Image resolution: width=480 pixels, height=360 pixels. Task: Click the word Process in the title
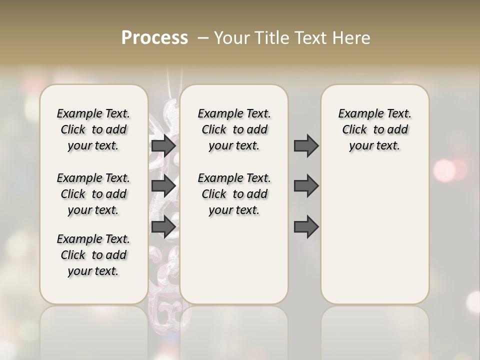154,38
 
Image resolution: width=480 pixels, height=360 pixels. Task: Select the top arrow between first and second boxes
163,145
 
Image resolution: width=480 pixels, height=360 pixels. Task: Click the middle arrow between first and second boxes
163,186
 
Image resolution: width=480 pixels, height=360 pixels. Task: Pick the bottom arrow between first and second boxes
163,227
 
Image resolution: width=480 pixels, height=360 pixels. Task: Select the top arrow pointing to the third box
306,145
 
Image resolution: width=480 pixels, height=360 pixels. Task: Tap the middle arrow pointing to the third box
306,186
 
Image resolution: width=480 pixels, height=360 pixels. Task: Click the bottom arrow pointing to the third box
306,227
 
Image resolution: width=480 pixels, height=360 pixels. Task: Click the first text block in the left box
93,129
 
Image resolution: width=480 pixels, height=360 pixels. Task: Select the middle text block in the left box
93,194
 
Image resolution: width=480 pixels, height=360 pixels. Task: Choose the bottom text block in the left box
93,255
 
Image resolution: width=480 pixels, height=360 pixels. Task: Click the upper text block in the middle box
234,129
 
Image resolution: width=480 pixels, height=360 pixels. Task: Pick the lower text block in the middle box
234,194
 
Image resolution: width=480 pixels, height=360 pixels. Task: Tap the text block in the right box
375,129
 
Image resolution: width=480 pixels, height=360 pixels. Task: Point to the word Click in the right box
354,129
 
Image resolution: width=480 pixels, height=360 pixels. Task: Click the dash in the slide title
203,38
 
